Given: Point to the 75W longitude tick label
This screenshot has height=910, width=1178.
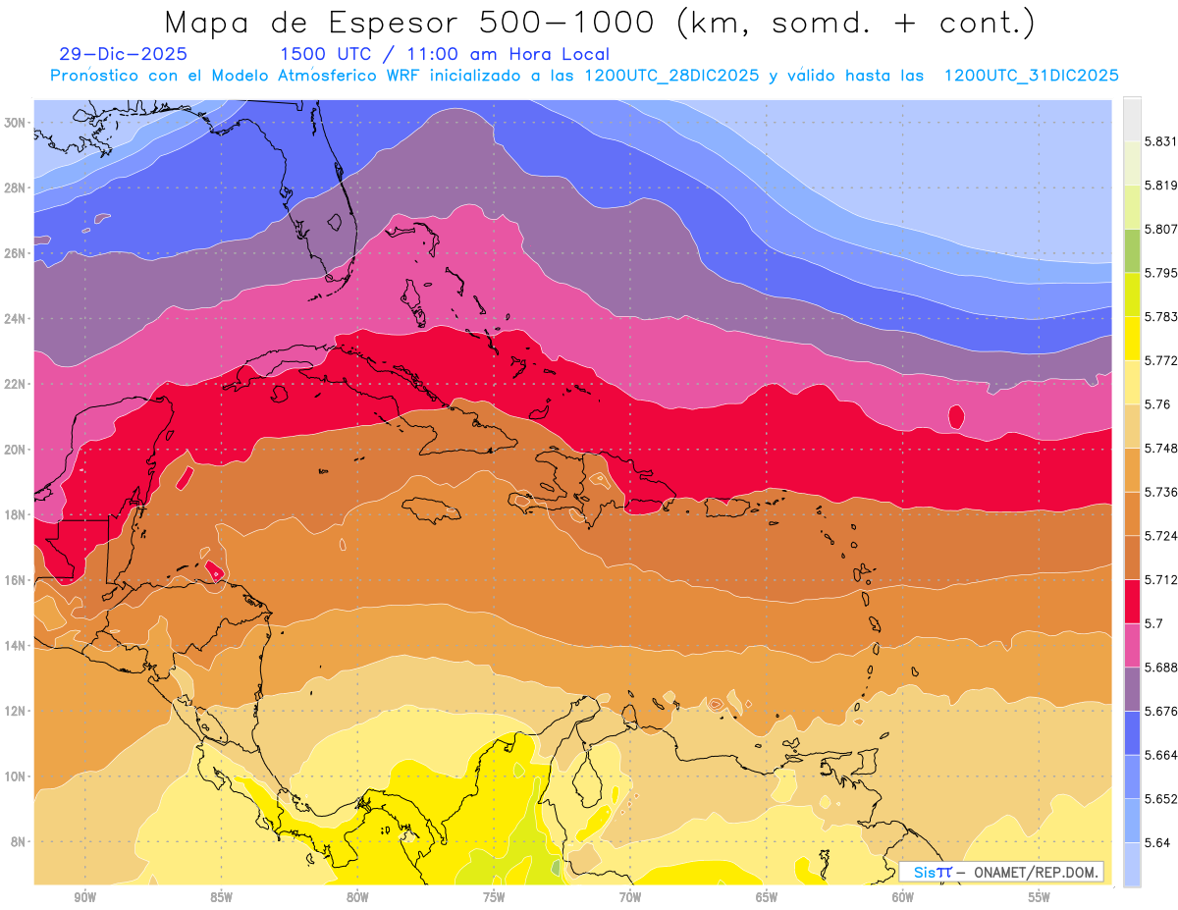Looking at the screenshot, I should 494,897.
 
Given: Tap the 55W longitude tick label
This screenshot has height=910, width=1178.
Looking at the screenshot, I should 1040,897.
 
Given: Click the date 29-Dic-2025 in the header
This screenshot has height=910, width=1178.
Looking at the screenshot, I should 123,55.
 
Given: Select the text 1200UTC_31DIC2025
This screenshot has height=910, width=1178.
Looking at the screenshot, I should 1031,76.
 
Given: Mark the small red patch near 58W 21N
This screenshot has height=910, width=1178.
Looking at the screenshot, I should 956,417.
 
